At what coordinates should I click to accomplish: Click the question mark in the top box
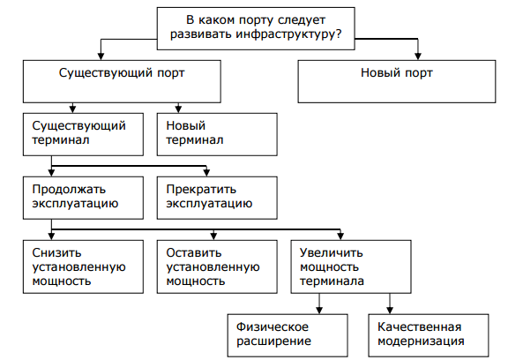point(340,34)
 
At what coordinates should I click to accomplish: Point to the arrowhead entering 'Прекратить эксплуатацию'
point(207,173)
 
